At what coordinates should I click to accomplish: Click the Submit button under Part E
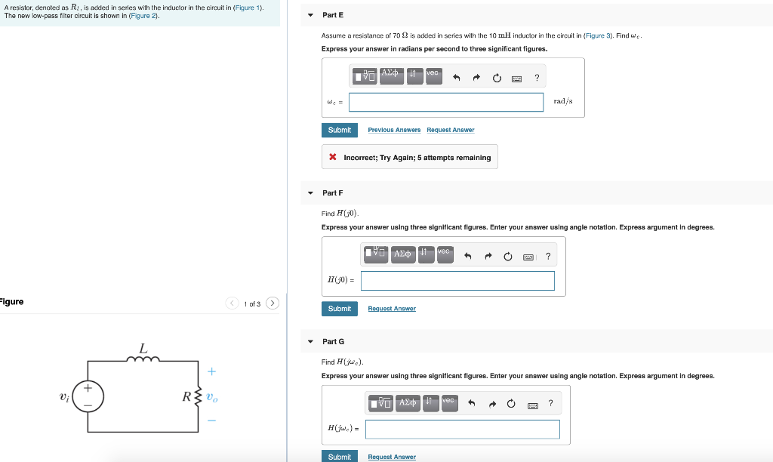[340, 130]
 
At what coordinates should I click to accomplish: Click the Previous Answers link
[394, 130]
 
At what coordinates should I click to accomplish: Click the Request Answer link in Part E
[451, 130]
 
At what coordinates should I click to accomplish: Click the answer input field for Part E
[445, 102]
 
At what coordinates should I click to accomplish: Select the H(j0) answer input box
[457, 280]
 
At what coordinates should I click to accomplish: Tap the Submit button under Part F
[340, 308]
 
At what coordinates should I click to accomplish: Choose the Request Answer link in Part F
[392, 308]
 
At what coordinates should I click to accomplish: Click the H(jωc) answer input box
[462, 429]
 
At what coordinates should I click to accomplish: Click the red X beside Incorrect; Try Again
[333, 158]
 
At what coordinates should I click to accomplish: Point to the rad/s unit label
[563, 101]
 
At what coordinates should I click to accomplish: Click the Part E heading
[333, 15]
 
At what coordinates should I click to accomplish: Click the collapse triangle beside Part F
[310, 193]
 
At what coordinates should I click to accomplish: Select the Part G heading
[333, 342]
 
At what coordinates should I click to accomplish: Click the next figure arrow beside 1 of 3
[273, 303]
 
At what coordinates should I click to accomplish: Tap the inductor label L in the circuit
[143, 348]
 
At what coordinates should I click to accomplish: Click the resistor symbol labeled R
[199, 396]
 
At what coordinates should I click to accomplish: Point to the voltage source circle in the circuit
[88, 396]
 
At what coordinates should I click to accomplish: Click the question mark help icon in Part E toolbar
[537, 77]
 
